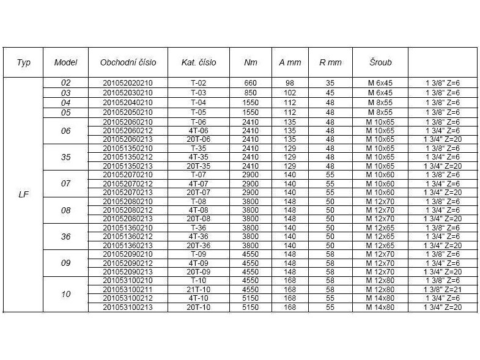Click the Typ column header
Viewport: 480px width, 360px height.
pyautogui.click(x=23, y=62)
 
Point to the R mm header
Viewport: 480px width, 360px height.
pyautogui.click(x=330, y=62)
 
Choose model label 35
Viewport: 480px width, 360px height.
pyautogui.click(x=66, y=157)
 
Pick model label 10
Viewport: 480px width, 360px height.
pyautogui.click(x=66, y=294)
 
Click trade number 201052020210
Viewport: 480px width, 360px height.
pyautogui.click(x=128, y=83)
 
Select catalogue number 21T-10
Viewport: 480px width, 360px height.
pyautogui.click(x=199, y=290)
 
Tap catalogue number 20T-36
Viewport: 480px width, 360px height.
pyautogui.click(x=199, y=246)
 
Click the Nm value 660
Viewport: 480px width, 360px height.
pyautogui.click(x=250, y=83)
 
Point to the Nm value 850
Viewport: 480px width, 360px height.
pyautogui.click(x=250, y=92)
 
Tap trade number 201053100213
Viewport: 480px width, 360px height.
pyautogui.click(x=128, y=307)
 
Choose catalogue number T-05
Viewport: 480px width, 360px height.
pyautogui.click(x=199, y=112)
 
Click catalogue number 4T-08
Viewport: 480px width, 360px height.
pyautogui.click(x=199, y=210)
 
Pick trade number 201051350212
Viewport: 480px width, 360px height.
pyautogui.click(x=128, y=157)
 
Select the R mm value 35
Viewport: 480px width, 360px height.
pyautogui.click(x=330, y=83)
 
